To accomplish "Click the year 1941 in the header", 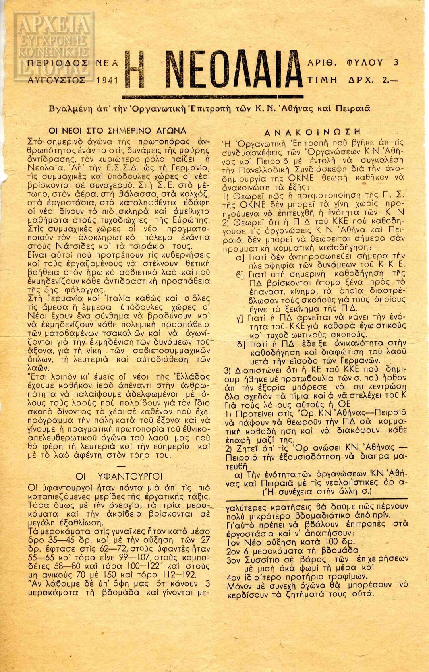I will point(107,80).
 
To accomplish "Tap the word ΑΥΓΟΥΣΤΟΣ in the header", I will point(57,80).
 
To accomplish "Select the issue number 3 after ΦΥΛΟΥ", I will point(396,62).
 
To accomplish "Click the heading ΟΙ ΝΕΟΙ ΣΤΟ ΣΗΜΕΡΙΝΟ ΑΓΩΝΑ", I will point(117,130).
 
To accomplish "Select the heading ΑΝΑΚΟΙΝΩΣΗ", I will point(313,132).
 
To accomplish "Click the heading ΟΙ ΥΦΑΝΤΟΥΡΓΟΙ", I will point(119,476).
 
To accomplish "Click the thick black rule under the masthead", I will point(213,97).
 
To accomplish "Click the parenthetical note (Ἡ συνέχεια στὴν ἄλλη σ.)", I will point(317,492).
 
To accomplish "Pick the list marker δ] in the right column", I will point(241,344).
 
